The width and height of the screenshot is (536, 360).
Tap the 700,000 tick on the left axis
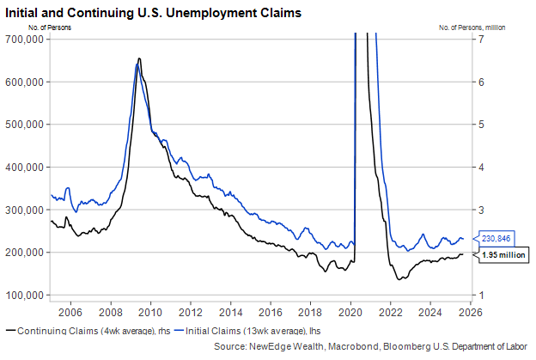pos(26,39)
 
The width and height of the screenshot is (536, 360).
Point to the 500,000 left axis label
pos(26,124)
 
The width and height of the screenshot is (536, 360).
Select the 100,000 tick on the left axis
pos(26,296)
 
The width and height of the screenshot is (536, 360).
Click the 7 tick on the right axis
pos(484,39)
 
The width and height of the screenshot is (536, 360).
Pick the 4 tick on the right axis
pos(484,167)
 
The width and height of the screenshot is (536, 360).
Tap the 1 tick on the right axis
pos(484,296)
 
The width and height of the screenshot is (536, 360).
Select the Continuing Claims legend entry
pos(86,330)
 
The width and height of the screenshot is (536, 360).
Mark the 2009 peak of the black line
pos(139,58)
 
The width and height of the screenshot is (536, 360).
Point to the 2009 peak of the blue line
pos(137,66)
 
